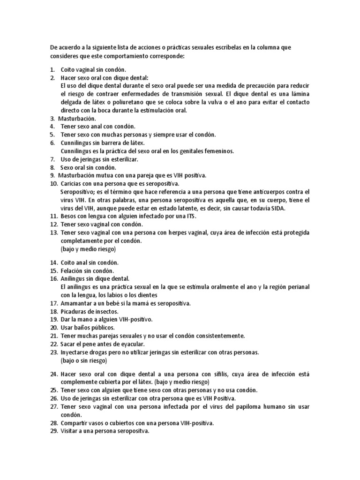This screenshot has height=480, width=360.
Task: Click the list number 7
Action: tap(52, 159)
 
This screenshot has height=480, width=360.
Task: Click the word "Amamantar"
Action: tap(77, 303)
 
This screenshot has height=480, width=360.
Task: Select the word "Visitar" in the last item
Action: tap(70, 431)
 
